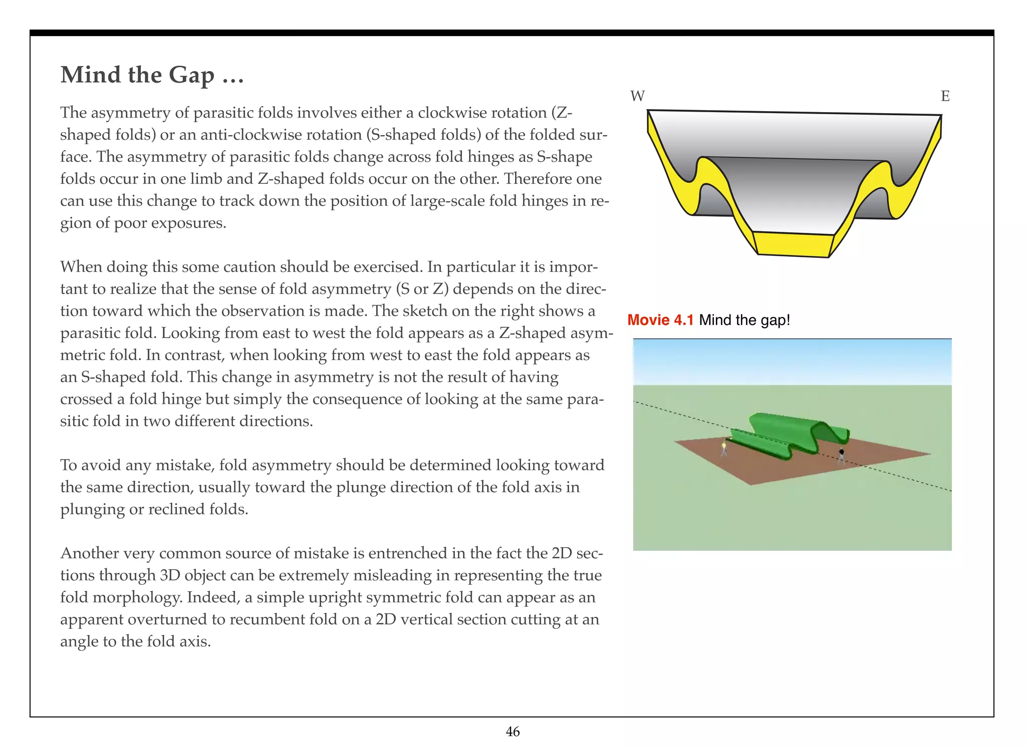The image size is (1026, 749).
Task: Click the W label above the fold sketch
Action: (x=637, y=96)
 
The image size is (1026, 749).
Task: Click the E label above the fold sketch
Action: (x=945, y=96)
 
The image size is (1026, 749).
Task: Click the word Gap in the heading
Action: (x=191, y=75)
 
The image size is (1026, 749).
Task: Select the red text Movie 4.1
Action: (x=660, y=320)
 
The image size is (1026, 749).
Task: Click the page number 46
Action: (x=512, y=731)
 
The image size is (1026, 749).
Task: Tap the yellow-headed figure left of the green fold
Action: (x=724, y=447)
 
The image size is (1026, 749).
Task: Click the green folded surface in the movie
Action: (x=792, y=431)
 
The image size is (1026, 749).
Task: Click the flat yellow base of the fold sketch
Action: (x=792, y=244)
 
